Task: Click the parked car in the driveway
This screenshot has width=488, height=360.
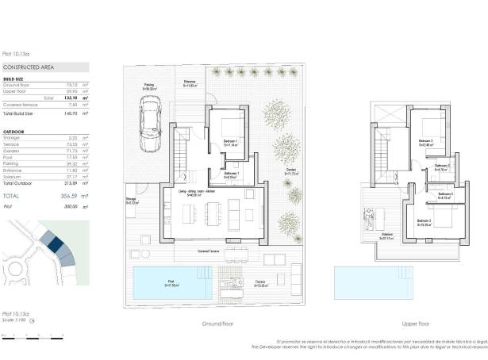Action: click(148, 121)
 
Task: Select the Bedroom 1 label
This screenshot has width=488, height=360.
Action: click(231, 144)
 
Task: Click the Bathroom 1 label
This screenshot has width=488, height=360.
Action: click(232, 174)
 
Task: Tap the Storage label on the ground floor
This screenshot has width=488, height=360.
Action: click(132, 201)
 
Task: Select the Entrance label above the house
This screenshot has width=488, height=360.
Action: click(190, 83)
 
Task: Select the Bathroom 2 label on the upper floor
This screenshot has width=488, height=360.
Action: click(442, 167)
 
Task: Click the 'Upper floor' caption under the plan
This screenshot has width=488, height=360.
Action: click(415, 324)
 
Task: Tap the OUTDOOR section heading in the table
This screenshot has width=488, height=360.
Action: click(14, 131)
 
